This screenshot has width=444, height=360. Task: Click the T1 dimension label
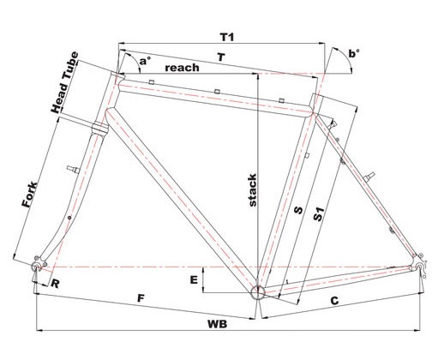point(227,37)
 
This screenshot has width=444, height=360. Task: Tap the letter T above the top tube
point(221,57)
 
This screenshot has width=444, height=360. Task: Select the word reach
point(182,68)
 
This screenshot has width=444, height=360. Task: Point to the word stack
point(253,190)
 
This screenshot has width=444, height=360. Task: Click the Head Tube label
point(64,82)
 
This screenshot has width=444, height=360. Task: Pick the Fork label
point(30,195)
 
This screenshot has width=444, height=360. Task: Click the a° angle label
point(145,61)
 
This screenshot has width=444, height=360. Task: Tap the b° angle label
point(354,54)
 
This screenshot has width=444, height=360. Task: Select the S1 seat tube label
point(319,214)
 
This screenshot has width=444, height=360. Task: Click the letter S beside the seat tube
point(298,210)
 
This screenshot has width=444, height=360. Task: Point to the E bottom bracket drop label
point(194,280)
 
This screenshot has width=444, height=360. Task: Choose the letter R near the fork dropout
point(55,284)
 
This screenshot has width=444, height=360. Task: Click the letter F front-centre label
point(141,298)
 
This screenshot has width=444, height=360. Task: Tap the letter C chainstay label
point(334,301)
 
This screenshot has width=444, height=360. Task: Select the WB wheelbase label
point(217,324)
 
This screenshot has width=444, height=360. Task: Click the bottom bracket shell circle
point(258,292)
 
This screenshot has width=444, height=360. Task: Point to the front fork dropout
point(38,265)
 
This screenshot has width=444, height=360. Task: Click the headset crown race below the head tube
point(99,128)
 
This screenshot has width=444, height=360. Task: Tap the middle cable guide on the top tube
point(218,92)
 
